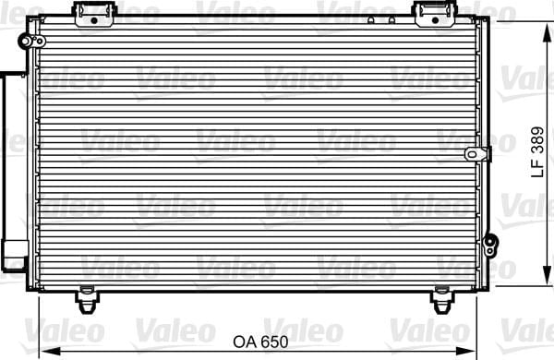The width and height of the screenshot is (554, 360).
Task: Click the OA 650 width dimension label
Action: [x=260, y=342]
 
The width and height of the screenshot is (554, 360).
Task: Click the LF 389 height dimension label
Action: [x=537, y=152]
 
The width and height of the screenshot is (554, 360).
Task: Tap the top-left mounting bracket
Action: [x=94, y=14]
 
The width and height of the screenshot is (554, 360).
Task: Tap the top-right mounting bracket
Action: [x=436, y=14]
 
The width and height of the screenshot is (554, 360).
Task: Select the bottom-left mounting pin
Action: [x=87, y=300]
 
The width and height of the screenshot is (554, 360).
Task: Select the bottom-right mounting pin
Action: [x=441, y=300]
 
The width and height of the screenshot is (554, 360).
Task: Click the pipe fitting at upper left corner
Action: [x=31, y=41]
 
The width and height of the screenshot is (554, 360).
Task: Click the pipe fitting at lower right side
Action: [x=490, y=245]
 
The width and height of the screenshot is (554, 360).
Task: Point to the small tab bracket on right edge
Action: [x=477, y=154]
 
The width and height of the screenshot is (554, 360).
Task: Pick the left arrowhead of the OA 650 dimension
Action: [x=50, y=352]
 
